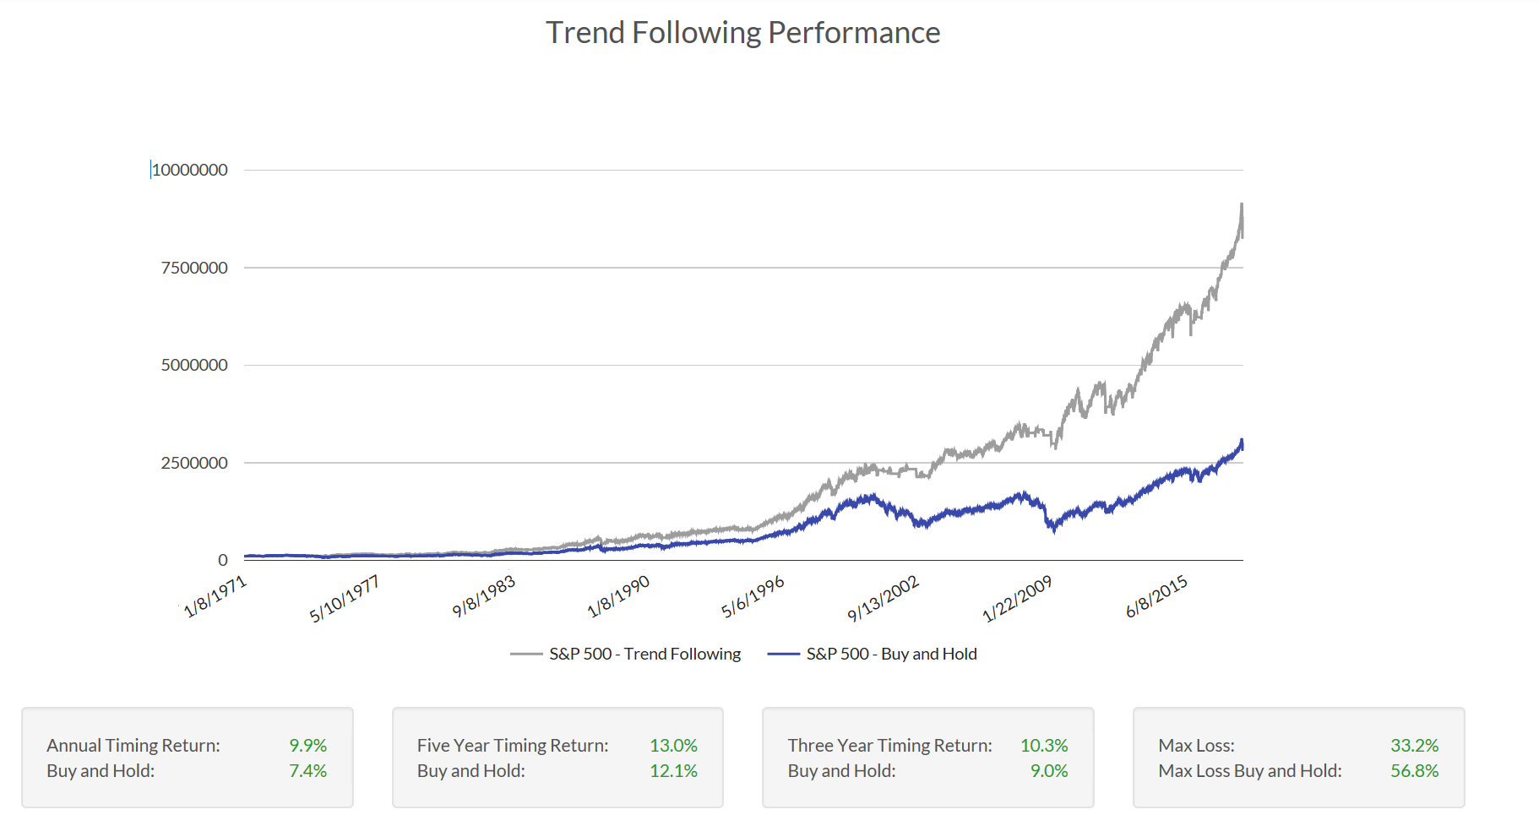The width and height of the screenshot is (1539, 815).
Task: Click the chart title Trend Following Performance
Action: tap(742, 33)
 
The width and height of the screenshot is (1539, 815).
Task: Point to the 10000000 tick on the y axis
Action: tap(190, 170)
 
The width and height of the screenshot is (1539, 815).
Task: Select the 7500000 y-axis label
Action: tap(194, 268)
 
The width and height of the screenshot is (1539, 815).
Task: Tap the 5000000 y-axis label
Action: tap(194, 365)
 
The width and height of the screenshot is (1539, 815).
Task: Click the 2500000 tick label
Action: tap(194, 463)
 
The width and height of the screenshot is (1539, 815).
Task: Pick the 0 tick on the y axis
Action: tap(222, 560)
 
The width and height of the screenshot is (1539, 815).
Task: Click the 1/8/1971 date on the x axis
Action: tap(215, 596)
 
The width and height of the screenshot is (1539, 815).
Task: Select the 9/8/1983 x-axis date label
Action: tap(484, 596)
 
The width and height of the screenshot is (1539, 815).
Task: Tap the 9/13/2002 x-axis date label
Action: tap(884, 599)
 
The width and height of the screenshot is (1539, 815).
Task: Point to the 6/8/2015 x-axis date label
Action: tap(1157, 596)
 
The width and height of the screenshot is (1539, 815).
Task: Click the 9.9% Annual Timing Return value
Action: tap(308, 746)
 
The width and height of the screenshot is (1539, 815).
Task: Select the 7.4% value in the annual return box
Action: tap(308, 771)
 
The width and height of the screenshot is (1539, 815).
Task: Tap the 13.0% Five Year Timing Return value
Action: tap(674, 746)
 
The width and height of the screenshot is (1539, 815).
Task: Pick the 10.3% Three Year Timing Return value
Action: tap(1044, 746)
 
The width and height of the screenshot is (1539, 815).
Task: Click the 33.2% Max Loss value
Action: tap(1415, 746)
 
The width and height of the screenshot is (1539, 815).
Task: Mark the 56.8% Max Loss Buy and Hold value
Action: tap(1415, 771)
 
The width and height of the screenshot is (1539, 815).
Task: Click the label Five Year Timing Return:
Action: tap(513, 746)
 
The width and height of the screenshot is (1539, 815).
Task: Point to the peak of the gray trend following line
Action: tap(1242, 204)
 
